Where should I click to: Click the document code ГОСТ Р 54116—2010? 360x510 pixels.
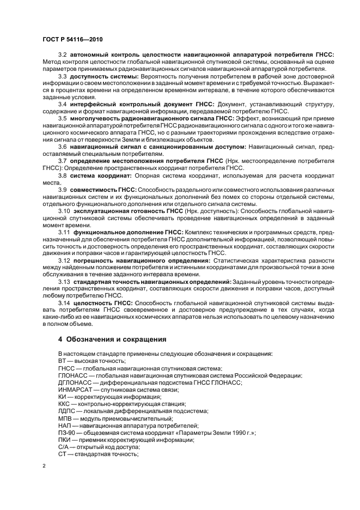click(x=72, y=39)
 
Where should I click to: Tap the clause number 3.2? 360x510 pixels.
click(x=62, y=56)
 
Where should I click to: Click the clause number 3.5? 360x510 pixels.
click(x=62, y=118)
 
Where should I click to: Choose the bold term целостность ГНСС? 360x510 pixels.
click(x=101, y=302)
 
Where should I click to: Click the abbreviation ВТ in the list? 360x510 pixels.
click(x=62, y=362)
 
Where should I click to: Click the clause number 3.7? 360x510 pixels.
click(x=62, y=161)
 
